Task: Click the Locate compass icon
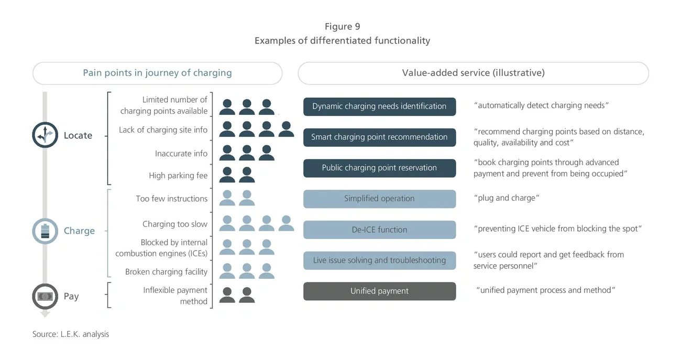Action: coord(45,135)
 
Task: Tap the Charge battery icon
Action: coord(45,231)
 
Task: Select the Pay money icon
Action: coord(45,296)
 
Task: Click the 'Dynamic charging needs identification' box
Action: coord(379,106)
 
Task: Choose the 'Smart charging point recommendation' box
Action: coord(379,137)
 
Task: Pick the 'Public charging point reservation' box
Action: coord(379,168)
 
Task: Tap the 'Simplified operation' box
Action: coord(379,199)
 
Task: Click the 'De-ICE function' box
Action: coord(379,230)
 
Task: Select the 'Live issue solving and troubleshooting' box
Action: coord(379,260)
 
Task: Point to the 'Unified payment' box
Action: coord(379,291)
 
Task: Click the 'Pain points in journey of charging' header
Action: coord(157,73)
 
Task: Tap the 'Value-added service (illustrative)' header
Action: coord(473,73)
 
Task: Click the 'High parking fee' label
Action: coord(178,176)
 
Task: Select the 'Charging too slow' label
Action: coord(175,224)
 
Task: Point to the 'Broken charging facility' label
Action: coord(166,272)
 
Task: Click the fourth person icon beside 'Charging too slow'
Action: coord(286,224)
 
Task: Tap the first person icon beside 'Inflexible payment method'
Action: coord(227,295)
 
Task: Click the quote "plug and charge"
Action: coord(506,198)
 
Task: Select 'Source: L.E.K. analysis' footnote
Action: coord(71,334)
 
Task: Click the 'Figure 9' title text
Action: coord(342,27)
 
